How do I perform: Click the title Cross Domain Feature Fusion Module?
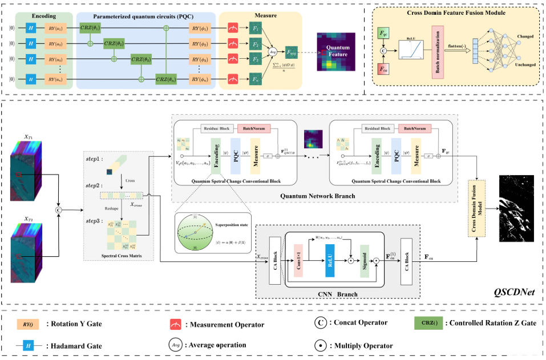tap(454, 13)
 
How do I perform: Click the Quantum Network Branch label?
tap(317, 196)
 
